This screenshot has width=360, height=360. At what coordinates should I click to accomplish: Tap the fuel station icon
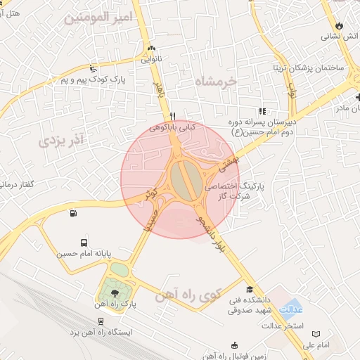coord(72,214)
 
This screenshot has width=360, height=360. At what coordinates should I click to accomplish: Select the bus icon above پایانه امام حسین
coord(84,241)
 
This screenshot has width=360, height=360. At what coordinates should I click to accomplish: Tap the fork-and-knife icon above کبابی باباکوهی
coord(172,117)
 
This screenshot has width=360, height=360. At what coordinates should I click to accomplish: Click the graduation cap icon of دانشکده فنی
coord(250,289)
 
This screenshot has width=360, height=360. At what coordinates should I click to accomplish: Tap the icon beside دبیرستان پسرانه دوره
coord(263,111)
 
